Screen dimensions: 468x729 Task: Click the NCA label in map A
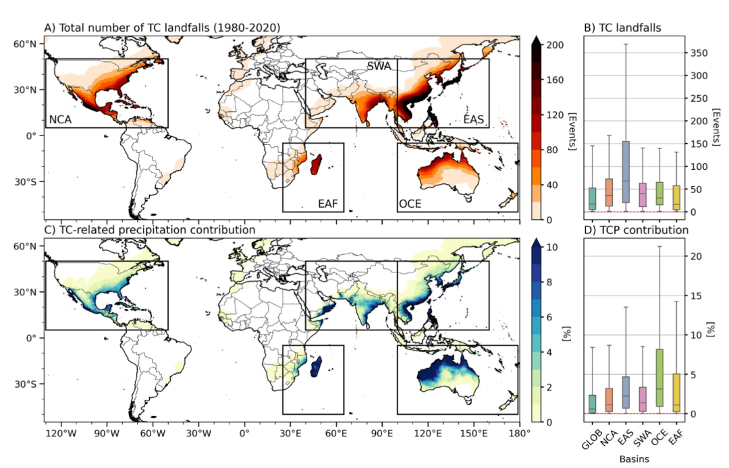tap(60, 120)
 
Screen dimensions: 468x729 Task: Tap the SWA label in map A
tap(381, 66)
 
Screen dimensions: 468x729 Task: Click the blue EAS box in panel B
tap(626, 171)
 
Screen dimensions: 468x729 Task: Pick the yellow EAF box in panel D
tap(676, 392)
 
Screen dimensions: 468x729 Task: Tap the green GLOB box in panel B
tap(593, 198)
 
